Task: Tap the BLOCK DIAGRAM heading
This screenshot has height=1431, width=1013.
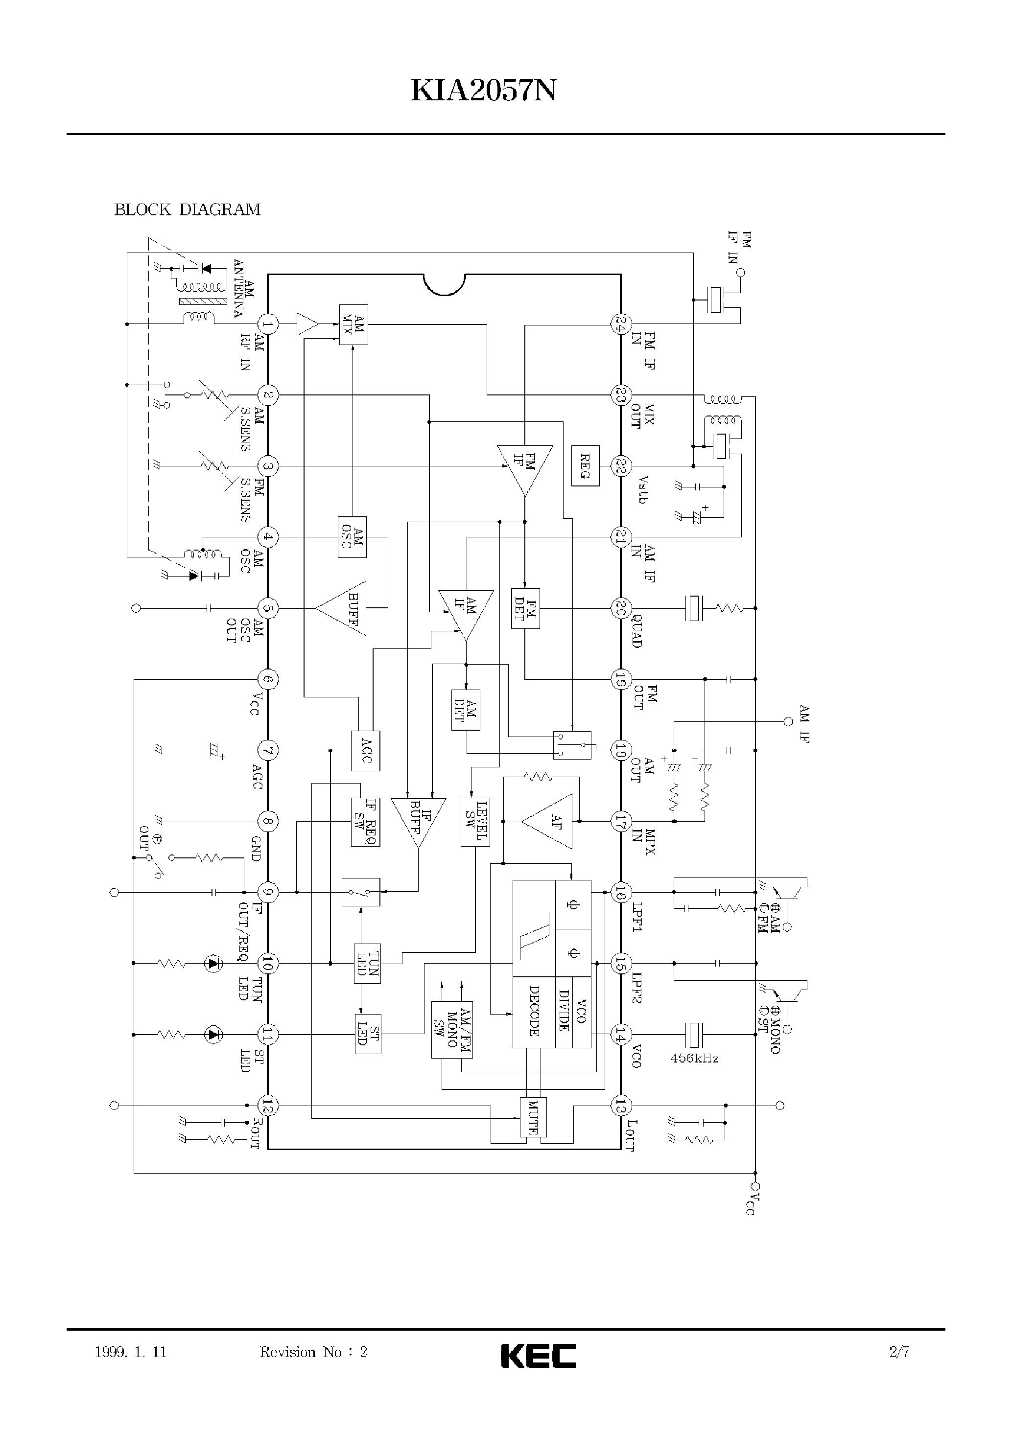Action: click(x=187, y=209)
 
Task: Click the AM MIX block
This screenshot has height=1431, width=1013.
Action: click(x=353, y=324)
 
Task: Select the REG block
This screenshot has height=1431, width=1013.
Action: click(x=585, y=466)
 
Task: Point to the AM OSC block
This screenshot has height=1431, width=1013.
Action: click(x=352, y=537)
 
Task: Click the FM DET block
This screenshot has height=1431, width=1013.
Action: click(x=525, y=608)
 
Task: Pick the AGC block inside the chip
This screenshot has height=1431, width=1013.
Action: click(x=366, y=750)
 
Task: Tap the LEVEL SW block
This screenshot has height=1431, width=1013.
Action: click(x=475, y=822)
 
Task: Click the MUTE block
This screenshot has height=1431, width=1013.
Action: click(x=533, y=1117)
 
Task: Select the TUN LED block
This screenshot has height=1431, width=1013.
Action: click(x=367, y=963)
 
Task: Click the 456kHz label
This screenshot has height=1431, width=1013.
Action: click(x=694, y=1058)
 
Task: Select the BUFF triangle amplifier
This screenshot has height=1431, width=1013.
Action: click(x=344, y=608)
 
